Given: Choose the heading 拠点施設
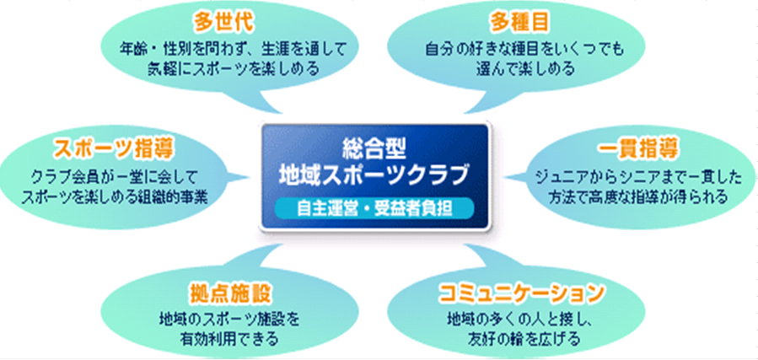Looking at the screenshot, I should (x=229, y=293).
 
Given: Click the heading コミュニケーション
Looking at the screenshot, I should (x=522, y=293).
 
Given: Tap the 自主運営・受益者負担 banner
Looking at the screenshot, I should (x=375, y=208).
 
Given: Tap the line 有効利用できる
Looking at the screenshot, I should (x=228, y=340).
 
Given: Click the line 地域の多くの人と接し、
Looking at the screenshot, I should (x=522, y=320).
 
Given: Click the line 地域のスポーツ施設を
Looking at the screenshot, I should (x=228, y=320).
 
